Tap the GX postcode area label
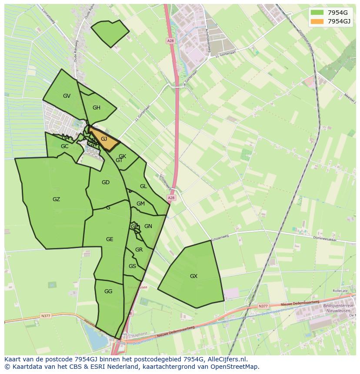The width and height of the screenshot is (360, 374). pyautogui.click(x=193, y=276)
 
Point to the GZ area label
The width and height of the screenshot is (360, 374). pyautogui.click(x=56, y=200)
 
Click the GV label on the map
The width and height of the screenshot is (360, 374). pyautogui.click(x=67, y=96)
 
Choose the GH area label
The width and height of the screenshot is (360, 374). pyautogui.click(x=97, y=108)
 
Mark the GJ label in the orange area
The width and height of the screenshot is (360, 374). pyautogui.click(x=104, y=139)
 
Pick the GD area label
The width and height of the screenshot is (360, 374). pyautogui.click(x=106, y=182)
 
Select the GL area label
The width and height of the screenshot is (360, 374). pyautogui.click(x=143, y=186)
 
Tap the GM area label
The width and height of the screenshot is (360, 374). pyautogui.click(x=140, y=204)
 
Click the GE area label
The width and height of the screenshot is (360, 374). pyautogui.click(x=110, y=239)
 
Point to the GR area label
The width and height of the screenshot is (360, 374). pyautogui.click(x=139, y=250)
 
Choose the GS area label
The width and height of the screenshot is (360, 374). pyautogui.click(x=132, y=266)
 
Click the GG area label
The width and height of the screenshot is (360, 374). pyautogui.click(x=108, y=291)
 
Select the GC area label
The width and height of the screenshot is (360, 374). pyautogui.click(x=64, y=146)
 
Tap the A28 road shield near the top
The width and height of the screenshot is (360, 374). pyautogui.click(x=170, y=41)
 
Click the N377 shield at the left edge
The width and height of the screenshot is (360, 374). pyautogui.click(x=46, y=316)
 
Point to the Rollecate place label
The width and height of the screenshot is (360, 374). pyautogui.click(x=340, y=291)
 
